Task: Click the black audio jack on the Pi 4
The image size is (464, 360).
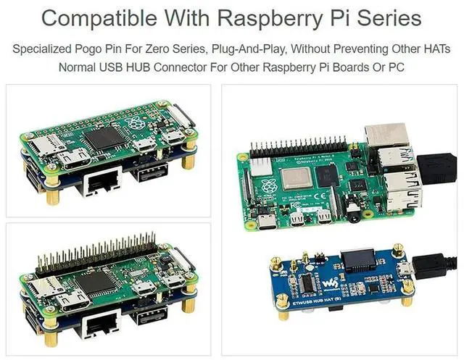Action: [x=354, y=210]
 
